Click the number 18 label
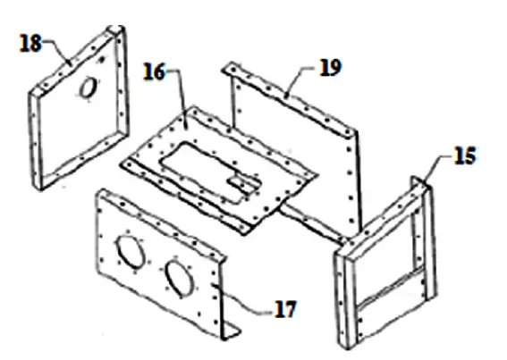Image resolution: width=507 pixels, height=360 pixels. (30, 44)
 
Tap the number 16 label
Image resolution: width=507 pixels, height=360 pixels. (155, 72)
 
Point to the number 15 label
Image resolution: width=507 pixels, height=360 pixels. (465, 156)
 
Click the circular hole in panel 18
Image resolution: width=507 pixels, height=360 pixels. (89, 86)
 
